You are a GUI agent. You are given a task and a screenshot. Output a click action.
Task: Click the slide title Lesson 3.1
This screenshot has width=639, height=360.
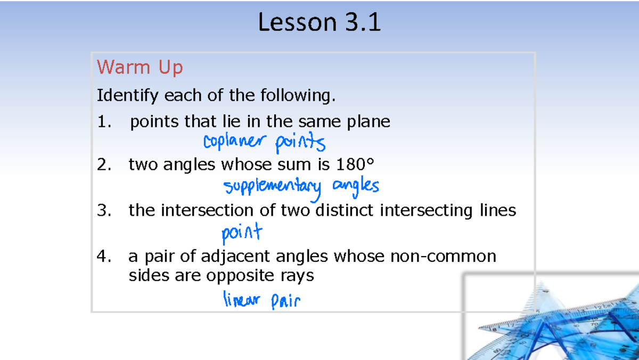click(319, 23)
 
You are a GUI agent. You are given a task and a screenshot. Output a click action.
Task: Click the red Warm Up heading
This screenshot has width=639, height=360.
click(140, 68)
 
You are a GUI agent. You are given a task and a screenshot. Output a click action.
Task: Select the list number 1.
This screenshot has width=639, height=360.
click(104, 122)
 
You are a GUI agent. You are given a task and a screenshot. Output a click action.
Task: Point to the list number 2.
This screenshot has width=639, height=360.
click(104, 166)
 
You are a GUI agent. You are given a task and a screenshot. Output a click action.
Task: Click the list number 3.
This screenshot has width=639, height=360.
click(104, 211)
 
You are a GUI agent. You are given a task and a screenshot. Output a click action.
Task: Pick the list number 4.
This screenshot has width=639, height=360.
click(104, 257)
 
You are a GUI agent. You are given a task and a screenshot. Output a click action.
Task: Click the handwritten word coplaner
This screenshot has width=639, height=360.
click(233, 142)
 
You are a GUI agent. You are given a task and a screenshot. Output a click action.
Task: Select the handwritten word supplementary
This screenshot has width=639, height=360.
click(273, 186)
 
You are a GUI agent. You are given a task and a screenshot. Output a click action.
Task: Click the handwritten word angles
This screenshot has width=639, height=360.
click(355, 186)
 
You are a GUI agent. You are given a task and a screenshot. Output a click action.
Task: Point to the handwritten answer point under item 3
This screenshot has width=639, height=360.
click(242, 233)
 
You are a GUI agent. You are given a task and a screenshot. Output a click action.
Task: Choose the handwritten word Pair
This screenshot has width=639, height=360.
click(285, 302)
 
